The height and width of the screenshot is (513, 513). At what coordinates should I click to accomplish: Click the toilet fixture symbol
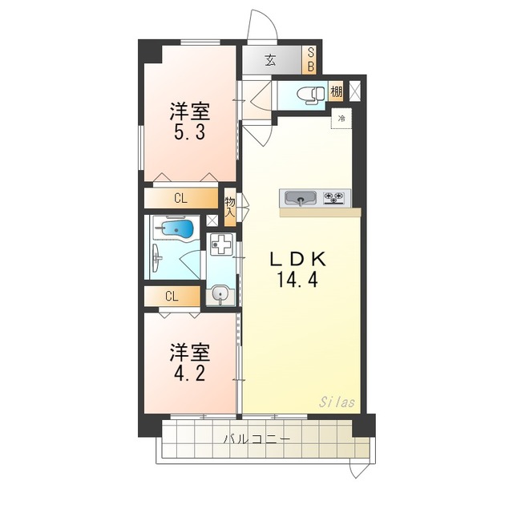[x=311, y=95]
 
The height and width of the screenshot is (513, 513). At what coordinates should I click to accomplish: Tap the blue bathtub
[x=176, y=230]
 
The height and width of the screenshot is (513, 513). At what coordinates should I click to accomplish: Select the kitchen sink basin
[x=301, y=198]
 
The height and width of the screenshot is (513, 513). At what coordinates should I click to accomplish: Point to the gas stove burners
[x=333, y=198]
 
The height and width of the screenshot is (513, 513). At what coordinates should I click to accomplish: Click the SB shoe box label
[x=310, y=60]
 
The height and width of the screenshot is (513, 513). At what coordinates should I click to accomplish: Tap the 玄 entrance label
[x=270, y=60]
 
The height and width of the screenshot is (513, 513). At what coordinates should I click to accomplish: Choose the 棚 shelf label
[x=336, y=91]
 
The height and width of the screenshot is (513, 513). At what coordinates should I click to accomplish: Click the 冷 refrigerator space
[x=341, y=119]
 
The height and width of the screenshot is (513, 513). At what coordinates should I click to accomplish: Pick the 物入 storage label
[x=230, y=207]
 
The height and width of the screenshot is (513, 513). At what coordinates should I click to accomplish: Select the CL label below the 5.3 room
[x=180, y=198]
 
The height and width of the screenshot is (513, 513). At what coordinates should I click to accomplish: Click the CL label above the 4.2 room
[x=172, y=297]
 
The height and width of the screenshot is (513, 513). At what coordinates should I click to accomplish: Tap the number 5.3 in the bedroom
[x=190, y=132]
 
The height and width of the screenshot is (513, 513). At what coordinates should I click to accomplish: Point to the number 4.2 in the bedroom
[x=190, y=374]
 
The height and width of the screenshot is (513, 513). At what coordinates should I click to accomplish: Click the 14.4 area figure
[x=297, y=280]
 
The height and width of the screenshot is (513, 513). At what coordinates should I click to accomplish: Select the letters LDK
[x=297, y=259]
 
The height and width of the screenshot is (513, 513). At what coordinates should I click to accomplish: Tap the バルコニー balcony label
[x=256, y=438]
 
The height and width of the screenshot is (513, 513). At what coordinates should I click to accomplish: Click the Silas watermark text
[x=337, y=402]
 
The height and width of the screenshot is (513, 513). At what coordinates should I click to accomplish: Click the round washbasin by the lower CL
[x=220, y=293]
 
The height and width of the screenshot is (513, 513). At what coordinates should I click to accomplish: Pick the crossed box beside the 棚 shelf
[x=354, y=91]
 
